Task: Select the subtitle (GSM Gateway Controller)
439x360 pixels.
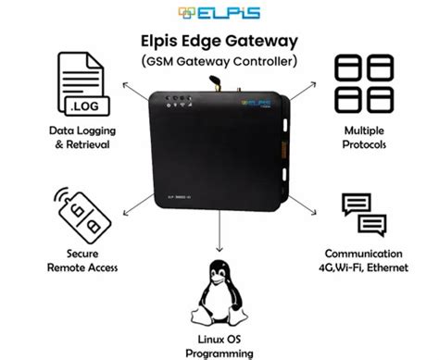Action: [219, 61]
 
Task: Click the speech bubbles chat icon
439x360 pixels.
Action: [361, 217]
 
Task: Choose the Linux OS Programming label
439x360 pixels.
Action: [219, 346]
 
